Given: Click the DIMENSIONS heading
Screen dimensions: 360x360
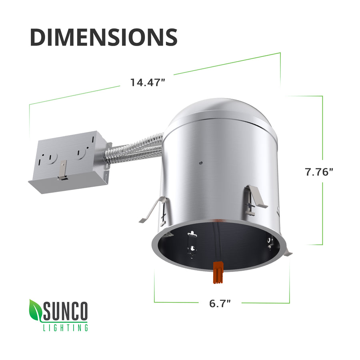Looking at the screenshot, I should pyautogui.click(x=104, y=37).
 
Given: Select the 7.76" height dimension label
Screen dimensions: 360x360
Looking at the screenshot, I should pyautogui.click(x=319, y=172).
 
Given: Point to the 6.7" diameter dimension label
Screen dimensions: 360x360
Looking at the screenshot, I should pyautogui.click(x=220, y=303).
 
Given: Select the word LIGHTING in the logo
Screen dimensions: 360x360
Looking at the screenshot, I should pyautogui.click(x=65, y=328).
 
